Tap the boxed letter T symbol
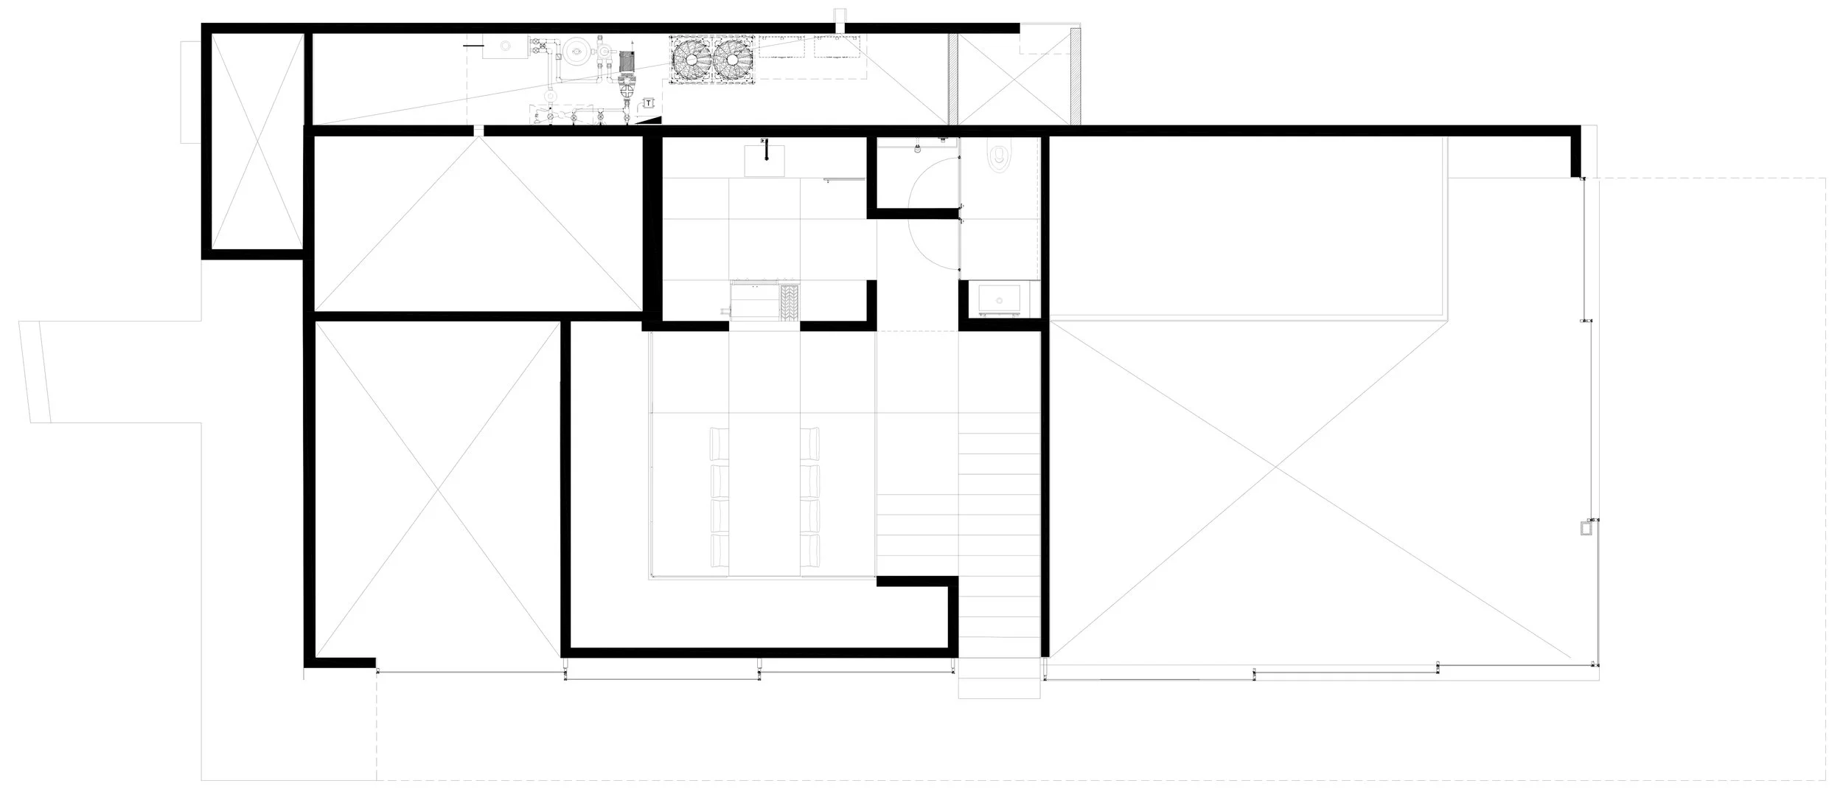pyautogui.click(x=648, y=103)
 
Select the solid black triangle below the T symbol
pyautogui.click(x=655, y=119)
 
